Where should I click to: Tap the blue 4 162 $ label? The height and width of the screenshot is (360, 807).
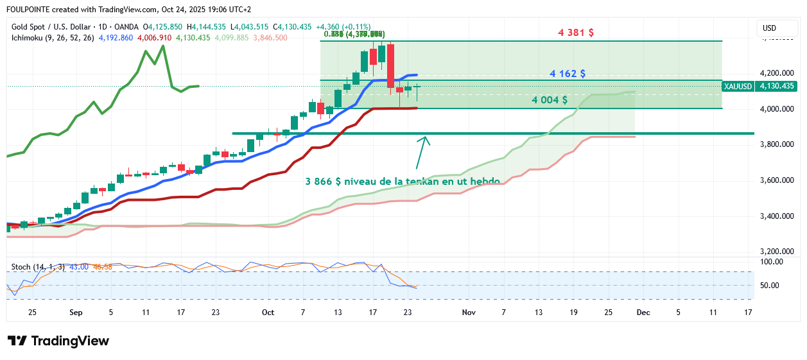pos(567,74)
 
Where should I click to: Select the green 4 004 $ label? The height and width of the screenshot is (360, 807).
pos(549,100)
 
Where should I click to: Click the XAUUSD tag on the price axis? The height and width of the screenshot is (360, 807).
pos(736,86)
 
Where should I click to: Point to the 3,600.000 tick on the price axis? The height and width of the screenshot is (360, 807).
pos(777,180)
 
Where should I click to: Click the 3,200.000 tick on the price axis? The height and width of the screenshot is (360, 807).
pos(777,252)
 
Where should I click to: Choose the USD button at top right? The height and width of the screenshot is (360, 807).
pos(769,28)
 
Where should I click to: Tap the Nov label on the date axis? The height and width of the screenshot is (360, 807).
pos(469,312)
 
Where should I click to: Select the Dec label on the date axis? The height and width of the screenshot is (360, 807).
pos(643,312)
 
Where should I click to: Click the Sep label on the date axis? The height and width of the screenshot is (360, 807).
pos(76,312)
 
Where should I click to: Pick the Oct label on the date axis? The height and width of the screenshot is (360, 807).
pos(268,312)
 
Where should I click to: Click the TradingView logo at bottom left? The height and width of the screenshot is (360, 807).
pos(58,341)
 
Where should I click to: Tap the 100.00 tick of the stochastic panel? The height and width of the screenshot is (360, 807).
pos(771,262)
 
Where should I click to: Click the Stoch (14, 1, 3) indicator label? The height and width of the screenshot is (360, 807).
pos(38,266)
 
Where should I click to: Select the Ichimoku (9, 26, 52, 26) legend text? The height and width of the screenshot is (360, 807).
pos(53,38)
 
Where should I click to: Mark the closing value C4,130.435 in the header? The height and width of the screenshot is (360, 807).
pos(292,27)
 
